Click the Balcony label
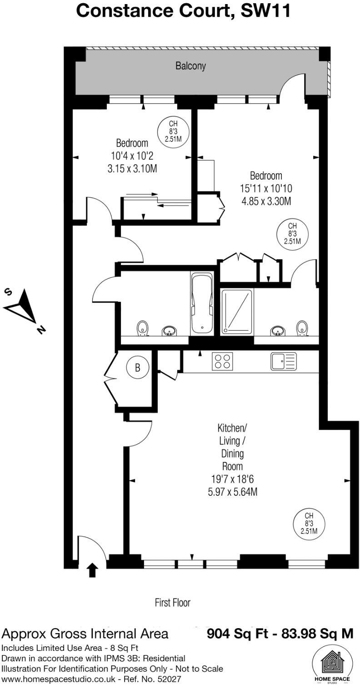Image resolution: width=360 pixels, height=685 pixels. click(190, 66)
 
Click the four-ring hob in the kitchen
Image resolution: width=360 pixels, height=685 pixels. click(222, 361)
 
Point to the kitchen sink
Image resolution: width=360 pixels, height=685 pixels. click(284, 361)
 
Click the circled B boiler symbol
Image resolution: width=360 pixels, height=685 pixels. click(138, 368)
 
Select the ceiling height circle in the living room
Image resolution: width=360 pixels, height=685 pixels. click(309, 524)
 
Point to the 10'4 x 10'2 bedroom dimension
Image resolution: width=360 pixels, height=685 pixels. click(132, 156)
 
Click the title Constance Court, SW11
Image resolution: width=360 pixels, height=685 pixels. click(183, 10)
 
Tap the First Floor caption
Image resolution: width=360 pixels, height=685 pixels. click(172, 603)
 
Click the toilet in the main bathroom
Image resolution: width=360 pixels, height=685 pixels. click(143, 328)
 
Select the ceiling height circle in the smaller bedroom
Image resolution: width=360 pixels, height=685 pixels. click(173, 131)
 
